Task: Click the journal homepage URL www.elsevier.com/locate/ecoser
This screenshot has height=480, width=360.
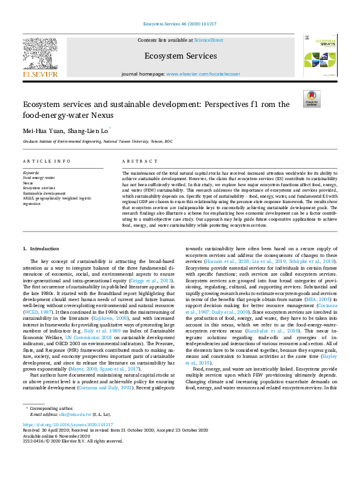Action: click(x=201, y=73)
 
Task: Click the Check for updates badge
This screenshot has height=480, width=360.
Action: click(x=312, y=99)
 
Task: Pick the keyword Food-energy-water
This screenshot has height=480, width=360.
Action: click(x=39, y=178)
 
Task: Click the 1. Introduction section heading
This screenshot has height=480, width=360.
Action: click(x=41, y=248)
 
